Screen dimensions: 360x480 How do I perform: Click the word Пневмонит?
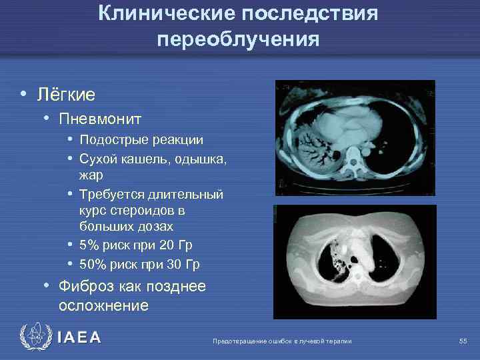pos(100,119)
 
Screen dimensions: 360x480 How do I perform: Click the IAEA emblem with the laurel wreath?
pos(35,337)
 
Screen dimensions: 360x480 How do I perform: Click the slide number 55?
pos(463,341)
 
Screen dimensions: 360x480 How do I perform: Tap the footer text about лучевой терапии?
pos(281,341)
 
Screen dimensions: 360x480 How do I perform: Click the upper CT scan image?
pos(355,138)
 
